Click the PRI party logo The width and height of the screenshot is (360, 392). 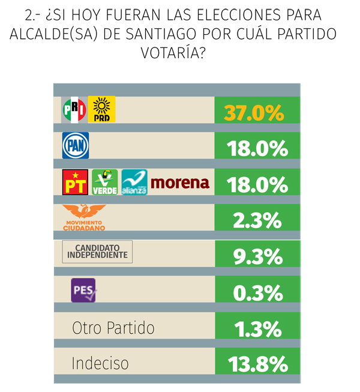pos(74,109)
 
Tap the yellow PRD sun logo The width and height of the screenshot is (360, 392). pos(101,109)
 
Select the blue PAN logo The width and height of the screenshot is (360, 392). pos(76,145)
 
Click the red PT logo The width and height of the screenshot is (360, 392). pos(75,182)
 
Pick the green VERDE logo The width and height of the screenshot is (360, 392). pos(105,182)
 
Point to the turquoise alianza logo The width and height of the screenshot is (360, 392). pos(134,182)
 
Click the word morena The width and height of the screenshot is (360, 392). pos(180,182)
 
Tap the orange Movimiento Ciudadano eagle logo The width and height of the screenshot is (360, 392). pos(84,217)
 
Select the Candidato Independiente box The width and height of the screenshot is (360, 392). pos(97,252)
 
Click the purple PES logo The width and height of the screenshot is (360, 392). pos(83,291)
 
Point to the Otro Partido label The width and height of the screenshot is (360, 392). pos(113,328)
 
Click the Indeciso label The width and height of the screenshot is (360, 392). pos(100,363)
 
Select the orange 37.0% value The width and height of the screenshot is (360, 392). pos(254,113)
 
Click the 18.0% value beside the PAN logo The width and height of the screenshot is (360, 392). pos(257,148)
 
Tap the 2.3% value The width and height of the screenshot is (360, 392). pos(257,220)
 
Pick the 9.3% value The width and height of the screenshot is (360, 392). pos(258,256)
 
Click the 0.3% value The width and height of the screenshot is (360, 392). pos(258,293)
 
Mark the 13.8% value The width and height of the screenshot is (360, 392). pos(258,364)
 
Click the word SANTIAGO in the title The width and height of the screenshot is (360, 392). pos(161,34)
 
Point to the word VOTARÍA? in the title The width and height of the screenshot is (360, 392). pos(173,52)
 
